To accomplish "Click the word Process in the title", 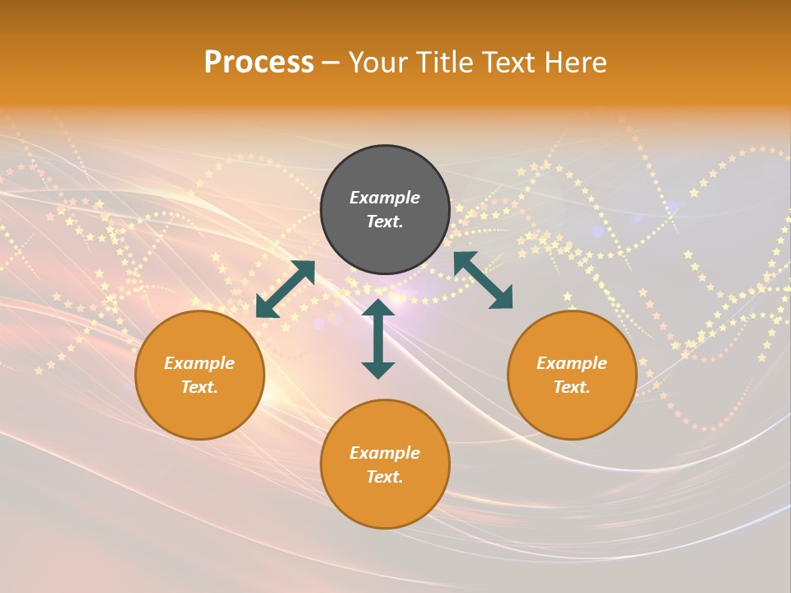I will (259, 62).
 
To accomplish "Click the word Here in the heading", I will (577, 62).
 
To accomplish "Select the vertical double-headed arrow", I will (378, 339).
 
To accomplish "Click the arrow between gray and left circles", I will (285, 289).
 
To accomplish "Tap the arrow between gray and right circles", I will (483, 280).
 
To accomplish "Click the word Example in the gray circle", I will (385, 198).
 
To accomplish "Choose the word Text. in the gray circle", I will (385, 222).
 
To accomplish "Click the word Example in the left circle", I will (199, 363).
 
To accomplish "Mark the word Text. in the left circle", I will (199, 387).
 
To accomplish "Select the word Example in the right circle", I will (572, 363).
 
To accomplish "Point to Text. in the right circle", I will (572, 387).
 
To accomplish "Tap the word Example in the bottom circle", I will (385, 453).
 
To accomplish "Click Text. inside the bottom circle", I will (385, 477).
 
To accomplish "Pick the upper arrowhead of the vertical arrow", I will (378, 308).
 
